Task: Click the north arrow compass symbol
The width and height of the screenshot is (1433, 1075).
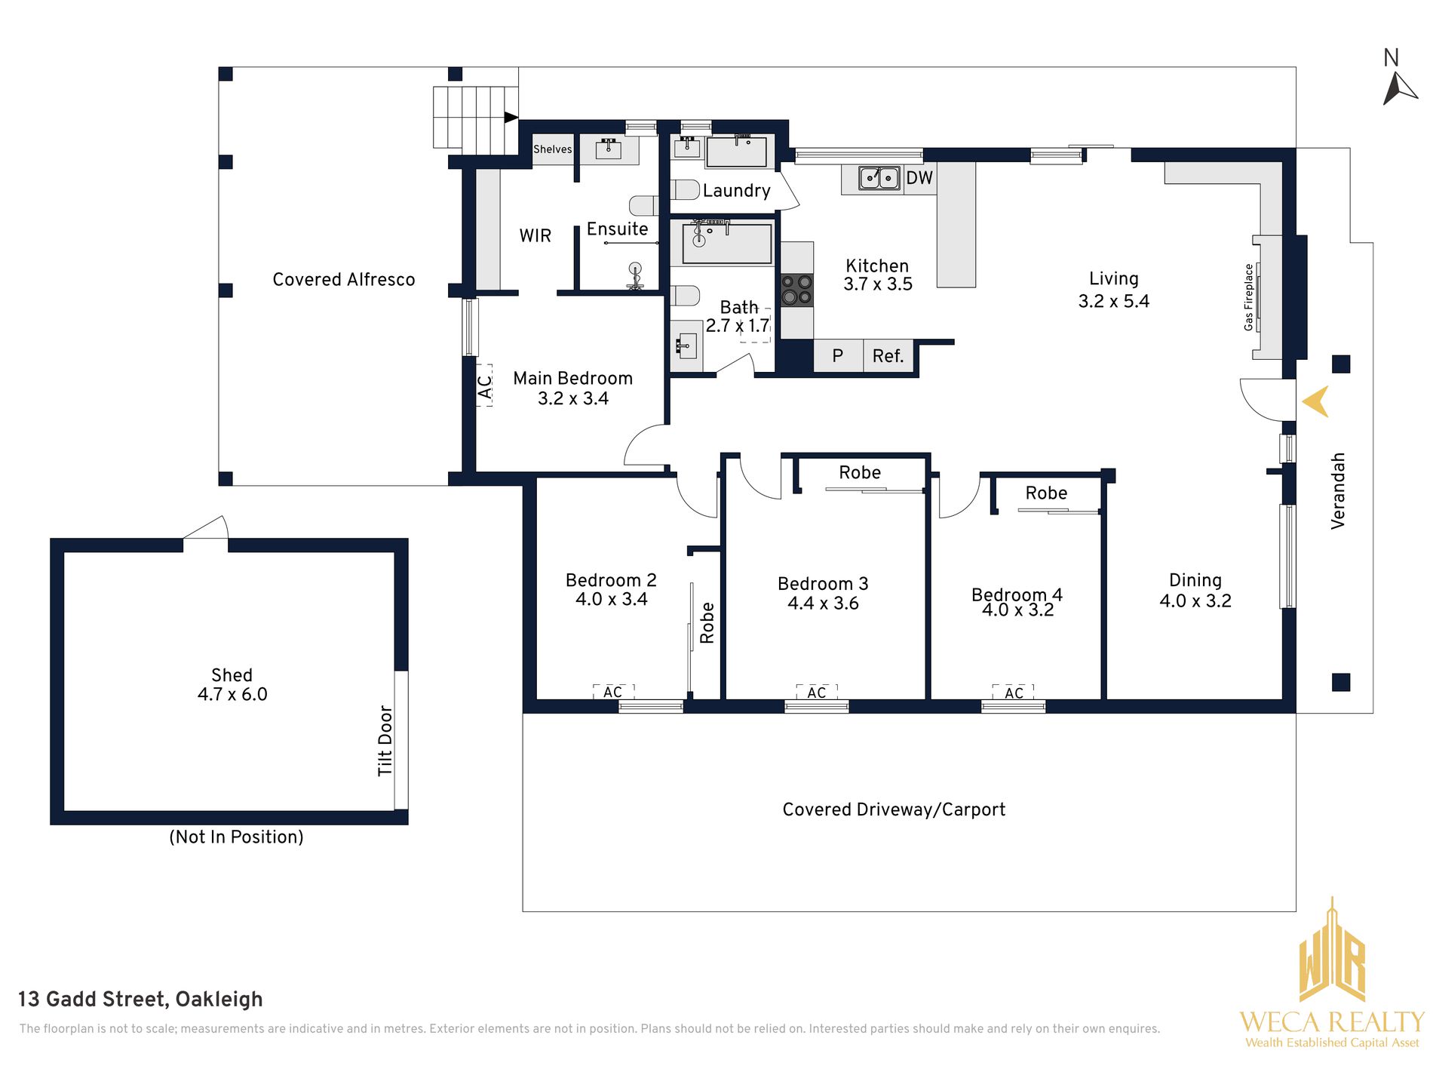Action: coord(1398,88)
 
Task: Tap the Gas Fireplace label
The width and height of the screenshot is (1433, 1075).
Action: coord(1248,297)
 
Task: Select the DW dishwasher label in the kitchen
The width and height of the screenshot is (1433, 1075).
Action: coord(919,178)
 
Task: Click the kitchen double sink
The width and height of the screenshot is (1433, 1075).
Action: coord(879,178)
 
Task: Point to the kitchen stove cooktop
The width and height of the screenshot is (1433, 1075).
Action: coord(797,290)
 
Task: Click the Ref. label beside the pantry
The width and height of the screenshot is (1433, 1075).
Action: coord(888,356)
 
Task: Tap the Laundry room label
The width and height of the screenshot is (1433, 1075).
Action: coord(736,191)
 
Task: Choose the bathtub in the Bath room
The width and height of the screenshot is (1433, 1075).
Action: coord(728,242)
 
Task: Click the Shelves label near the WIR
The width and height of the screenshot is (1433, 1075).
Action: coord(553,149)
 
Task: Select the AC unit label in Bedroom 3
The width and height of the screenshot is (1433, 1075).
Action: coord(817,693)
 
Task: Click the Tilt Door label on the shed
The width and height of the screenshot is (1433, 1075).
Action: coord(385,741)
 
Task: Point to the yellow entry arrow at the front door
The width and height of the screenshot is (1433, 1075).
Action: coord(1316,402)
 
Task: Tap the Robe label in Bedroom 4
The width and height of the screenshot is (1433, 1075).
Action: coord(1046,493)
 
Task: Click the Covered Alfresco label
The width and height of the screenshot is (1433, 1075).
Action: coord(344,280)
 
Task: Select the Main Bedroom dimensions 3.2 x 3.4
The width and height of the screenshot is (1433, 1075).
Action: coord(573,398)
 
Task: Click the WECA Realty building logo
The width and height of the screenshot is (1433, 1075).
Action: coord(1332,951)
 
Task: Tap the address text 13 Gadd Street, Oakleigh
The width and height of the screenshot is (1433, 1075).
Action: coord(140,1000)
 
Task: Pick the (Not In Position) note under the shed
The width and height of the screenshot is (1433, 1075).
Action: coord(236,837)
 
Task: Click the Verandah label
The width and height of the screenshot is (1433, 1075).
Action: coord(1338,490)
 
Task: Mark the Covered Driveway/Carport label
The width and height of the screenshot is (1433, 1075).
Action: coord(894,809)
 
